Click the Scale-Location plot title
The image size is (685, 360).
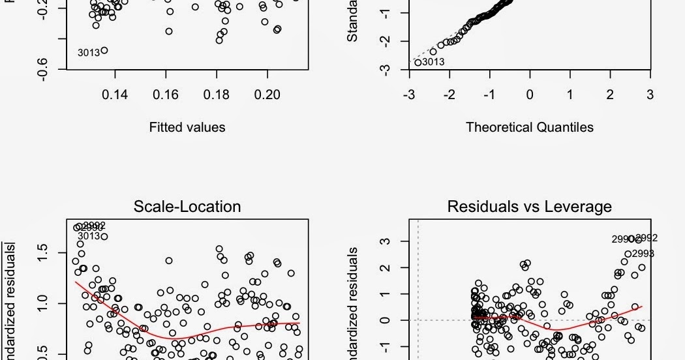pos(187,207)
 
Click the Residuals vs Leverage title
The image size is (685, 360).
pos(529,207)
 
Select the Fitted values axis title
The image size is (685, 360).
pos(187,127)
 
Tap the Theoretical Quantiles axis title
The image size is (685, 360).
pos(530,127)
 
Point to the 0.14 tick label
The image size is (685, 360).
pos(115,95)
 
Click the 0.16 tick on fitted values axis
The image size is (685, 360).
pos(166,95)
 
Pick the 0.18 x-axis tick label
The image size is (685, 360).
pos(217,95)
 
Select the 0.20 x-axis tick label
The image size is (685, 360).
pos(267,95)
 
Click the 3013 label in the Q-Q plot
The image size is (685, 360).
pos(433,63)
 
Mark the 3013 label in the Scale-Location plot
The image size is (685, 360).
pos(89,236)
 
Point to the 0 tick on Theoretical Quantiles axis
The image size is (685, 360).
pos(530,95)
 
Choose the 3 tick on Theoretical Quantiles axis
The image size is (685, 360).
pos(650,95)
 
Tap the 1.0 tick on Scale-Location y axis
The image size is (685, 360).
pos(43,304)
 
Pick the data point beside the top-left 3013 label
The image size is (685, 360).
pos(104,50)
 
